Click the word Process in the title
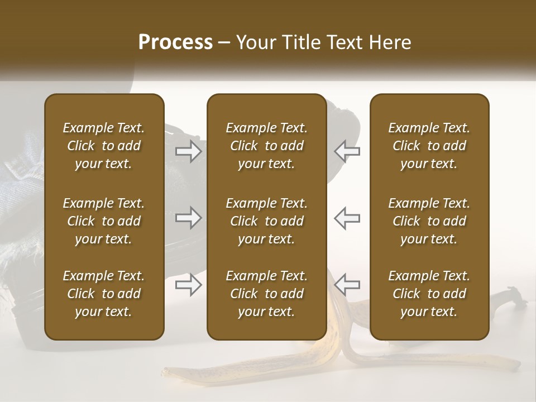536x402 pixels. point(175,42)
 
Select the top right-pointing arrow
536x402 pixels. point(188,151)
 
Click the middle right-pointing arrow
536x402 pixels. point(188,218)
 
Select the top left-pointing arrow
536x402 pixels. point(347,151)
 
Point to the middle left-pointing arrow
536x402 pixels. point(347,218)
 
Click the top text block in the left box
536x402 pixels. point(104,146)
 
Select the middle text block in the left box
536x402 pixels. point(104,221)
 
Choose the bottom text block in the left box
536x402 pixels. point(104,294)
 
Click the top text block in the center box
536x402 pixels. point(267,146)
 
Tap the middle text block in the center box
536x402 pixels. point(267,221)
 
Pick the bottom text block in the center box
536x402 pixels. point(267,294)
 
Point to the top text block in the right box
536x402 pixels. point(429,146)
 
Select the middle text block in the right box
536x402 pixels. point(429,221)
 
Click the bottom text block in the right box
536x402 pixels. point(429,294)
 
